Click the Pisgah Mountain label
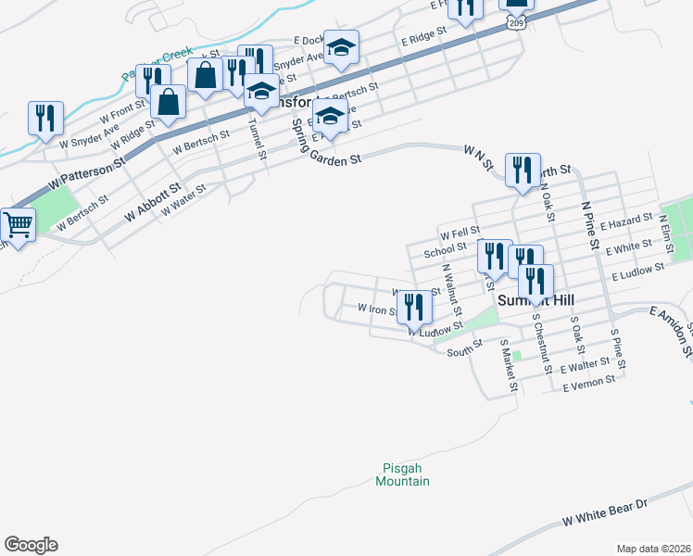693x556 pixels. [403, 474]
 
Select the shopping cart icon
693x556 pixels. [18, 224]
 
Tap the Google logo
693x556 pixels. [31, 545]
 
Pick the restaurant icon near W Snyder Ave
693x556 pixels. [45, 119]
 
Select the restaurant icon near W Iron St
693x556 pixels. [415, 308]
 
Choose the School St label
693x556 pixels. [445, 249]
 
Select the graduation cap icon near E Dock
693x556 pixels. [341, 48]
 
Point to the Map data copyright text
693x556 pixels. [654, 549]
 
